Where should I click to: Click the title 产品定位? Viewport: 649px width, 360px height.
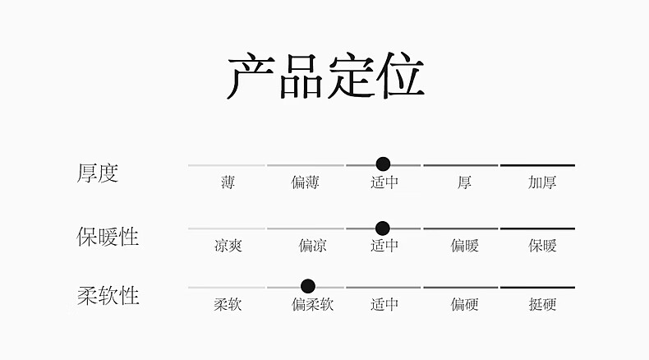[x=324, y=77]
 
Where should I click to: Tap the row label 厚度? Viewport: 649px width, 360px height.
[x=98, y=173]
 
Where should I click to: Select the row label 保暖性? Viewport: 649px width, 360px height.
[x=108, y=237]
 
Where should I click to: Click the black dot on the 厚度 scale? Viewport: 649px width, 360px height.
[x=383, y=164]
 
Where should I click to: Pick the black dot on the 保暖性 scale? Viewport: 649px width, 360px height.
[x=382, y=228]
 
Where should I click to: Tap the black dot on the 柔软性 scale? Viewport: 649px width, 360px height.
[x=308, y=286]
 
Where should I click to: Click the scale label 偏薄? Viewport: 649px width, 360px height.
[x=305, y=182]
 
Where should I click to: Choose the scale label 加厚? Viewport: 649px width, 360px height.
[x=542, y=182]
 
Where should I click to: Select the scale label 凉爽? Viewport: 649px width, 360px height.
[x=228, y=246]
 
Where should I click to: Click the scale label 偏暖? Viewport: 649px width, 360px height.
[x=464, y=246]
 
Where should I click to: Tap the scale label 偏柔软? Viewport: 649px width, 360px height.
[x=312, y=305]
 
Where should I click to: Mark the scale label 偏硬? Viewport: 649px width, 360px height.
[x=464, y=305]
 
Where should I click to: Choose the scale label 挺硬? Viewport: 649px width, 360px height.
[x=542, y=305]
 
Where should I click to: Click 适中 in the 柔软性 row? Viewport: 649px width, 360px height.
[x=384, y=305]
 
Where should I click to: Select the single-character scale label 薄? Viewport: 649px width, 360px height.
[x=228, y=182]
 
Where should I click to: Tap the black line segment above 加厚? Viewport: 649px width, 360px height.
[x=537, y=165]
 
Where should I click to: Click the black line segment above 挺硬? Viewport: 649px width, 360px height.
[x=537, y=288]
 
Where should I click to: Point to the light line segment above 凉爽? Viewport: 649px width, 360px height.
[x=227, y=228]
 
